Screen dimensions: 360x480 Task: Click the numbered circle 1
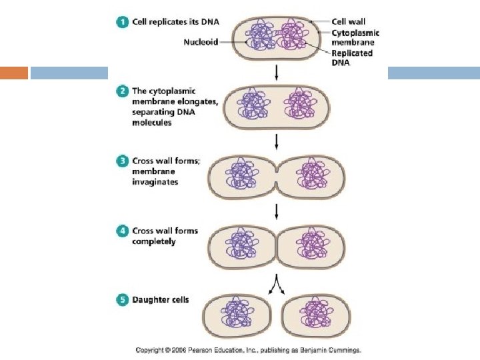123,23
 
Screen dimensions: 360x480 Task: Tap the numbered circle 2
123,91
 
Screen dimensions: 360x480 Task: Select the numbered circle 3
123,161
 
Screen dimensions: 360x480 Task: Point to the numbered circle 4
123,231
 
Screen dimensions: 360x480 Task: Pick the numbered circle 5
123,300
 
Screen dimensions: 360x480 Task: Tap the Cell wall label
349,22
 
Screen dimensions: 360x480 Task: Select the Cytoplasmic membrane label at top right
356,38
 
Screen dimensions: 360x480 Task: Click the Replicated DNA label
352,58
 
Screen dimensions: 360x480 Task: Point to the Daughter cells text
160,300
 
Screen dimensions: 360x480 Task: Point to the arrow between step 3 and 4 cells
277,211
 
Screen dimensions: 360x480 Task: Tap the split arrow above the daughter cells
277,285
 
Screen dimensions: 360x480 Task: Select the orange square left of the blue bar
14,72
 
